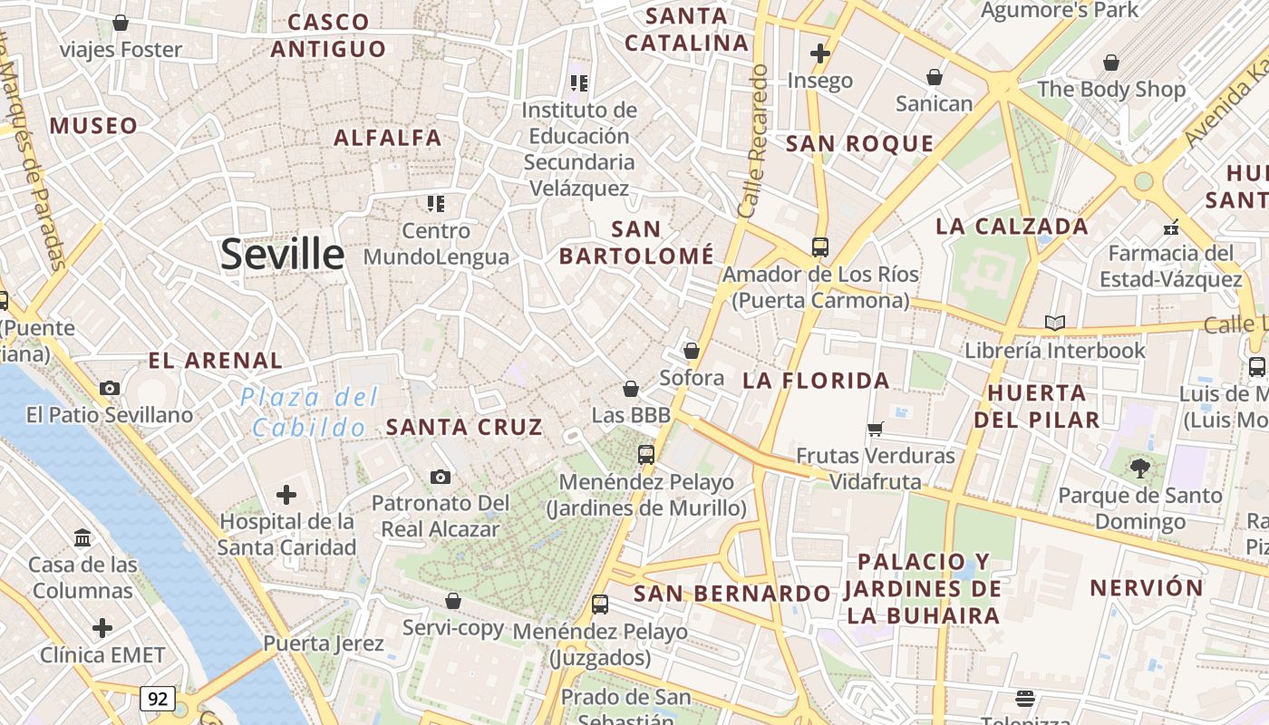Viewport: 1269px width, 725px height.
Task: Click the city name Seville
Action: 282,254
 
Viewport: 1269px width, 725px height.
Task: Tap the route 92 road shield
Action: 158,698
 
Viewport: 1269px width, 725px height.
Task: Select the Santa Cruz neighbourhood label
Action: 464,426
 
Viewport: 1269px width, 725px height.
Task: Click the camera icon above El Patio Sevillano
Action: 110,388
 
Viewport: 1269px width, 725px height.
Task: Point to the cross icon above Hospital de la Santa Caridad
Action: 286,495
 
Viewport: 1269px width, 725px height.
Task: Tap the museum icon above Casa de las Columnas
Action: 83,538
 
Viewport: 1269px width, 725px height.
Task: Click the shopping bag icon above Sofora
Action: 692,351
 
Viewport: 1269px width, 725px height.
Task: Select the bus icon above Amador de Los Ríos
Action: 820,246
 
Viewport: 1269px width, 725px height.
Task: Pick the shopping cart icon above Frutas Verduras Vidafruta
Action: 875,429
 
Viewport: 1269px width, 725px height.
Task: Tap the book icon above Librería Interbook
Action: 1054,323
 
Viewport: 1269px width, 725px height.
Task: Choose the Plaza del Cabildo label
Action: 309,411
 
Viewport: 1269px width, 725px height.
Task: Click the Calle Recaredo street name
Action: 753,140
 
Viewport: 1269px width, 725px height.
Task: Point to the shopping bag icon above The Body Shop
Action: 1111,63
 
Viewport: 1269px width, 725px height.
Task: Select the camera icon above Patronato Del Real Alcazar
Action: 441,477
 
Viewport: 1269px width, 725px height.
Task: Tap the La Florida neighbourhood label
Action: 816,381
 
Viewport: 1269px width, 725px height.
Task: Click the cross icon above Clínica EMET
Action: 102,627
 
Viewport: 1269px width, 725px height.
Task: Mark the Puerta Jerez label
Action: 324,643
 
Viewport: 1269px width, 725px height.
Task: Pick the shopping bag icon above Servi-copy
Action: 453,601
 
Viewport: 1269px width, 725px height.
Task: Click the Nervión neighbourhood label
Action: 1146,587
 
